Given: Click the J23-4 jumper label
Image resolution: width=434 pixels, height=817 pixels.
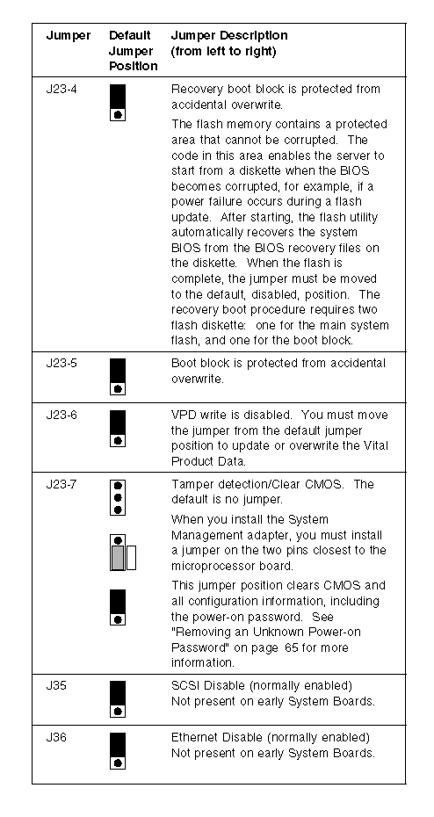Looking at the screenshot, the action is click(61, 89).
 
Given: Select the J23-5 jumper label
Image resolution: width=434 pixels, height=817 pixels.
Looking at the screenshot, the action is click(61, 363).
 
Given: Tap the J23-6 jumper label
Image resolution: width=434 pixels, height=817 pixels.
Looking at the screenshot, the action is click(61, 416).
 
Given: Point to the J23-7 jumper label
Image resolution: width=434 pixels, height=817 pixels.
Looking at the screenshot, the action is click(61, 485).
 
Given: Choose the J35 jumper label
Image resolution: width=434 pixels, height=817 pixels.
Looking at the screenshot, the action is click(55, 686).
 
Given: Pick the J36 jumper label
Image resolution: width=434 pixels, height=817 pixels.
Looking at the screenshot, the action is click(55, 738).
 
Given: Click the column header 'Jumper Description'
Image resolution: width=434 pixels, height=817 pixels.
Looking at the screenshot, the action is click(229, 36).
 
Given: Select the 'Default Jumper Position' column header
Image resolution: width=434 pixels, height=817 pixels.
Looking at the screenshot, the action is click(133, 51).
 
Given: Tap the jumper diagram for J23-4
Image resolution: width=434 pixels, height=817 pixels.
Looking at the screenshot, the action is click(118, 103).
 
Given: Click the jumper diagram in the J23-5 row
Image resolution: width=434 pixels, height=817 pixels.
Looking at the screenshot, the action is click(118, 377).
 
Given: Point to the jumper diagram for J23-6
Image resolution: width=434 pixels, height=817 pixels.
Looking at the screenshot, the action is click(118, 429).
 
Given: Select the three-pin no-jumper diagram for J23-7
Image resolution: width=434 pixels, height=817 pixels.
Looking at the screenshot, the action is click(118, 497).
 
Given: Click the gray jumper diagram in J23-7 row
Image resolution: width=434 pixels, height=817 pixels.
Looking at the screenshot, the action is click(123, 553).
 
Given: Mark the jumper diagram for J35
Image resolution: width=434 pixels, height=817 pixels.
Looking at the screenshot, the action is click(118, 698).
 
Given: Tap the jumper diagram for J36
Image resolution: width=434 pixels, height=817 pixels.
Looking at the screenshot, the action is click(118, 751).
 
